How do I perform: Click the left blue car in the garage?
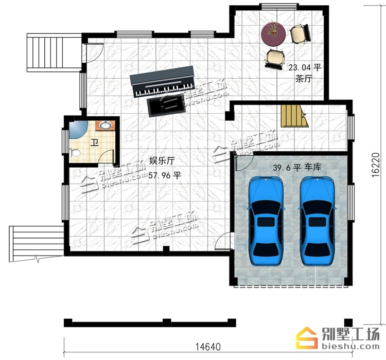tap(266, 221)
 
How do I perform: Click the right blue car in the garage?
tap(317, 221)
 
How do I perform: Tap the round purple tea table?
tap(273, 34)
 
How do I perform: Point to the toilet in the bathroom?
tap(75, 153)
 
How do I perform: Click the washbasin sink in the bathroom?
tap(106, 125)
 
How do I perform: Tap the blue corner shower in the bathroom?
tap(78, 129)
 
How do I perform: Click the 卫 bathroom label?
tap(95, 142)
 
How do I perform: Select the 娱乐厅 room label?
tap(162, 160)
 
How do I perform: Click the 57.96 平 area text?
tap(165, 175)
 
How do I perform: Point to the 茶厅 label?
tap(304, 79)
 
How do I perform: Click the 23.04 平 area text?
tap(305, 67)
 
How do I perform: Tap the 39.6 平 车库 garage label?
tap(297, 167)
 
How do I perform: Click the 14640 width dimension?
tap(208, 347)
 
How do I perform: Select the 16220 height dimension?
tap(375, 165)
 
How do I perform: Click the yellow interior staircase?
tap(295, 116)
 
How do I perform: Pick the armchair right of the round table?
tap(301, 34)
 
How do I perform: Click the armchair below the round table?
tap(275, 59)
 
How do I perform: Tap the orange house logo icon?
tap(307, 338)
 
